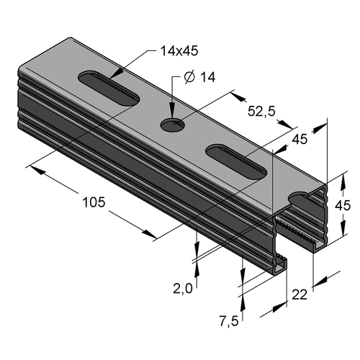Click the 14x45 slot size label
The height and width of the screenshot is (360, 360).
pos(179,51)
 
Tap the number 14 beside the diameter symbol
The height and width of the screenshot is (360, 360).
pos(207,77)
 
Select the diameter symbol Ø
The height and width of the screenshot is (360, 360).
pos(189,77)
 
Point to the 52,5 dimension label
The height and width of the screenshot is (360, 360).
pos(261,112)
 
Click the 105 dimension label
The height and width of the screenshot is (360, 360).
pos(94,202)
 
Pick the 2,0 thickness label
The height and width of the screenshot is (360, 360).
pos(183,289)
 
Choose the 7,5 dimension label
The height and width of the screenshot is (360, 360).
pos(229,321)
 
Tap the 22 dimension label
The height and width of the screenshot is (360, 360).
pos(300,294)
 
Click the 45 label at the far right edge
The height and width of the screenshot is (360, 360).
pos(343,206)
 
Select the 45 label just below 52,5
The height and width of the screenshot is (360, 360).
pos(300,139)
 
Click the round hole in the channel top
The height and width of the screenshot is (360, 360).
pos(173,125)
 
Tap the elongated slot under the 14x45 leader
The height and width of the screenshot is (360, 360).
pos(109,88)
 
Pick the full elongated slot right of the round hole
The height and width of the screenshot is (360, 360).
pos(236,161)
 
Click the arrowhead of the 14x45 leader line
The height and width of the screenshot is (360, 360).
pos(117,74)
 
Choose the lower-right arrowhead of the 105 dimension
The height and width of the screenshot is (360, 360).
pos(149,234)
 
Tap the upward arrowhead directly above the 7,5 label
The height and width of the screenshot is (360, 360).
pos(243,301)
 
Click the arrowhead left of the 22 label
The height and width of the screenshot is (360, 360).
pos(280,307)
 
